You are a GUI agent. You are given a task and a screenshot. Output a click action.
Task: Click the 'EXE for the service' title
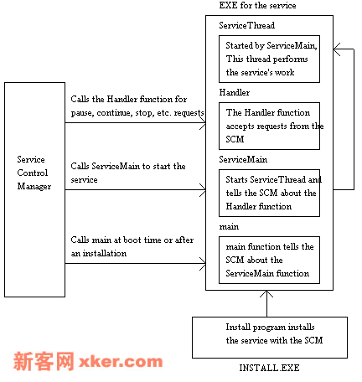[x=257, y=5]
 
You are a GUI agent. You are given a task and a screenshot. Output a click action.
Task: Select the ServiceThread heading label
[x=246, y=25]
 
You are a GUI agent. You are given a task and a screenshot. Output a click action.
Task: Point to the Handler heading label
[x=235, y=92]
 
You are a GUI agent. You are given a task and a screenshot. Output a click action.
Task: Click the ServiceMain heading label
[x=243, y=159]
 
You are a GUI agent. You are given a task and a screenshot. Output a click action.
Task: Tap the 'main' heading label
[x=229, y=227]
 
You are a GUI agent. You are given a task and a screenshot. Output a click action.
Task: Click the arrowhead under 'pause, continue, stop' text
[x=204, y=123]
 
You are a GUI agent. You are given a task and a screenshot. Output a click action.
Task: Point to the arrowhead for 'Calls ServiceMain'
[x=204, y=190]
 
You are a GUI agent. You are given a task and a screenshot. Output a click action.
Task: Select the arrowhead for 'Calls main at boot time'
[x=204, y=263]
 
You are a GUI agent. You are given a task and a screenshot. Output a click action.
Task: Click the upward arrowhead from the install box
[x=266, y=294]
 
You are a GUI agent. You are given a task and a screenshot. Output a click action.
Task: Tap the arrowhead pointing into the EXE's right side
[x=337, y=49]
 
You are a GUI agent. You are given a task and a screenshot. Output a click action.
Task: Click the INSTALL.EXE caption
[x=269, y=368]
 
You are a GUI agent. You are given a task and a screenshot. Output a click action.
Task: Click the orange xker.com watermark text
[x=121, y=362]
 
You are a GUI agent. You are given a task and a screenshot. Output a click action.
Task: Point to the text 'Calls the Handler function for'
[x=129, y=99]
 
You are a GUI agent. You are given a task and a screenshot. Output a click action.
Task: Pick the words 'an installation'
[x=99, y=253]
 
